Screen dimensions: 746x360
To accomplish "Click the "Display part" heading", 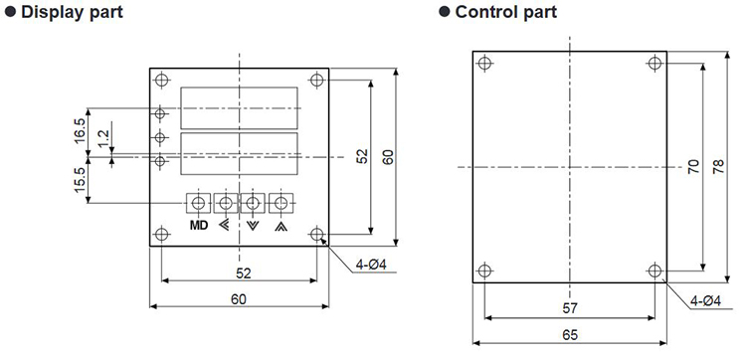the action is (72, 12).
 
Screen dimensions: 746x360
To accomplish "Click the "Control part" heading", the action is (505, 12).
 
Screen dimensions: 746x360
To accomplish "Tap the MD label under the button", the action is (199, 226).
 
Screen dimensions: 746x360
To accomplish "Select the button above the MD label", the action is (198, 204).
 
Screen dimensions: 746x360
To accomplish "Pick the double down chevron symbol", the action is (253, 226).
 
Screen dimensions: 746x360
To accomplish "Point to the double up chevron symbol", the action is (280, 226).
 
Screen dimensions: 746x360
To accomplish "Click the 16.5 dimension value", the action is (80, 131).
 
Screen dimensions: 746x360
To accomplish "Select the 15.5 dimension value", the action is (80, 180).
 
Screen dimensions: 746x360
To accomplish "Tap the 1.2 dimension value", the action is (104, 140).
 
